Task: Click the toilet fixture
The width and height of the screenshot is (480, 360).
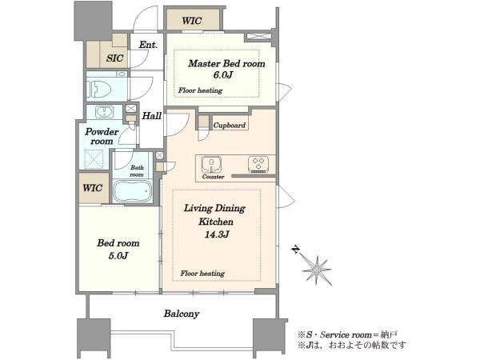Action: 98,90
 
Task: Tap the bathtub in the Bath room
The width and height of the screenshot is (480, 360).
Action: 132,191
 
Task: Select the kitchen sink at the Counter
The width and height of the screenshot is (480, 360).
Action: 211,165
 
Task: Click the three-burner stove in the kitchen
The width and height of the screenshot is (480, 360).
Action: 258,164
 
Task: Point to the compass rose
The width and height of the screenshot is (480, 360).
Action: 317,270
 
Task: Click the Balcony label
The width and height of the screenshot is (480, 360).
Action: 182,314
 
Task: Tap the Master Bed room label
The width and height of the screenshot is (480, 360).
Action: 226,64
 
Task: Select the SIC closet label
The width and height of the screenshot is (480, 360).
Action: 114,58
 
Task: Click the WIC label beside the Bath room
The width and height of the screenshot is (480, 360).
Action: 93,188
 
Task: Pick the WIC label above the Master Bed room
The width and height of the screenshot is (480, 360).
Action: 192,21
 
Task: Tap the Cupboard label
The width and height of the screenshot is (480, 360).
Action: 230,126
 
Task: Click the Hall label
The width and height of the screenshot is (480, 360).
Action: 151,116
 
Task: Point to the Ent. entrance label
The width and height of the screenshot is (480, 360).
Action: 148,45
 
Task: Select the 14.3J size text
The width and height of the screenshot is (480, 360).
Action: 217,234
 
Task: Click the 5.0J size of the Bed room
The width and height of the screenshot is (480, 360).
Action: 118,255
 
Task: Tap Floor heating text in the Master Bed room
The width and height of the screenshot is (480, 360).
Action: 200,90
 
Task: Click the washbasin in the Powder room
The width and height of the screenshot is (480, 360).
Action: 104,112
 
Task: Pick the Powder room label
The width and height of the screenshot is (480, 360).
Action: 102,137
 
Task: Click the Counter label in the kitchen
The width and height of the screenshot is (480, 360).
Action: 213,177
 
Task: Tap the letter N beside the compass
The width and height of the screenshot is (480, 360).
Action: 295,250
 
